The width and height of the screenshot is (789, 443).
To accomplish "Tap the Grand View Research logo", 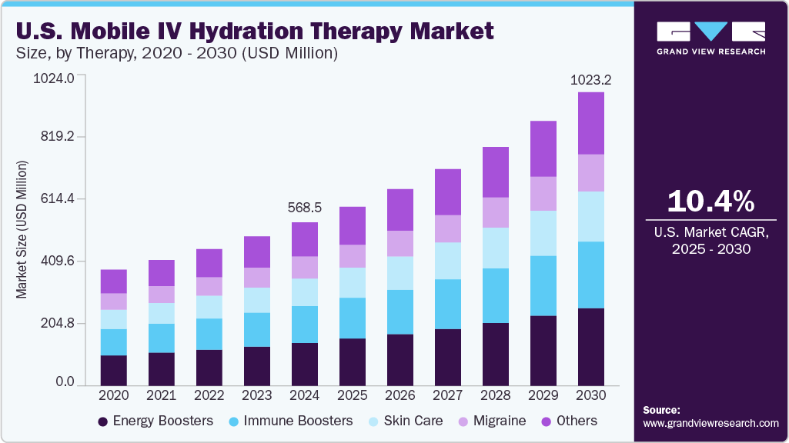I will (710, 38).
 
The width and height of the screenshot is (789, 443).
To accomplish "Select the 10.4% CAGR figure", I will (710, 202).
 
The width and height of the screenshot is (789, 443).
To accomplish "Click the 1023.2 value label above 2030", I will (590, 79).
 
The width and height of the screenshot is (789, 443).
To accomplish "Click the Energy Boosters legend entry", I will (155, 421).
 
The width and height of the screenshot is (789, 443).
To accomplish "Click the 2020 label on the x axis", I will (114, 395).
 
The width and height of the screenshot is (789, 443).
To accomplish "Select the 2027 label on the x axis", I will (447, 395).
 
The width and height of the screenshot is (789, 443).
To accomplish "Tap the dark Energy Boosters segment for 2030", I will (591, 346).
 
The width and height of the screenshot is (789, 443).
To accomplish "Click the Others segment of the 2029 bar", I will (543, 148).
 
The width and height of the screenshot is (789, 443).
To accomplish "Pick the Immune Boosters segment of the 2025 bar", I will (353, 318).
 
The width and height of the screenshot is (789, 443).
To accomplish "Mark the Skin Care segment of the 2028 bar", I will (496, 248).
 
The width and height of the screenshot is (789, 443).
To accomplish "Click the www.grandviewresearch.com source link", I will (710, 423).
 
